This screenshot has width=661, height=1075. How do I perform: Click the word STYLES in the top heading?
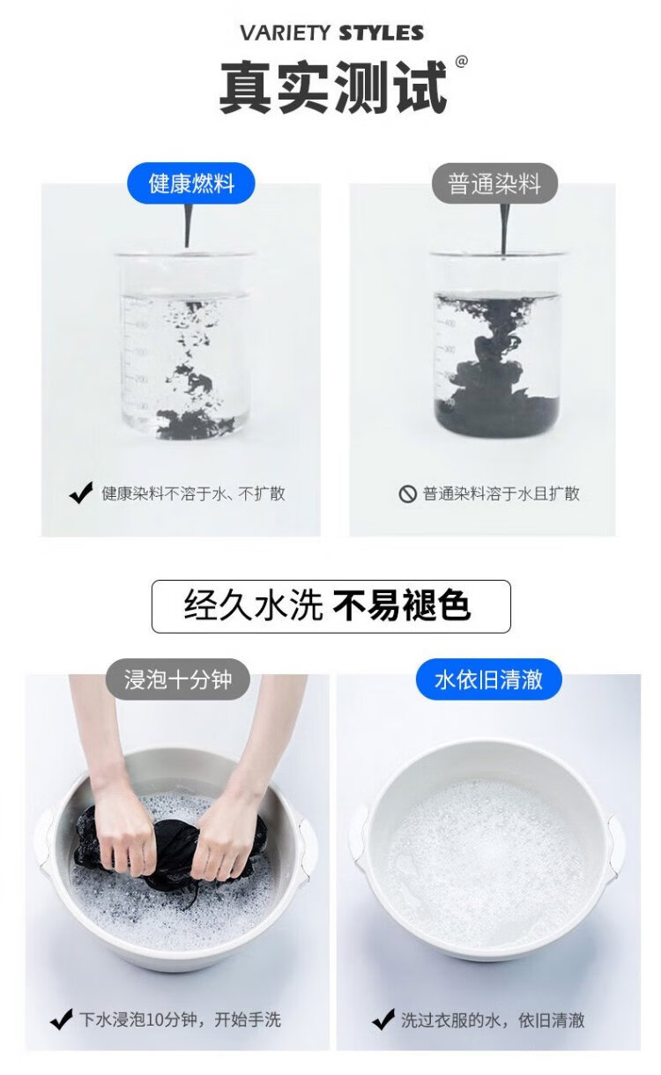point(381,33)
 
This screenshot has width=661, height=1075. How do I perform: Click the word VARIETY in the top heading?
point(286,33)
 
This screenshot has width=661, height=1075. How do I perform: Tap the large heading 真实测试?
point(333,87)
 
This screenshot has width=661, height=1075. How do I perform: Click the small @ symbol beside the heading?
point(461,62)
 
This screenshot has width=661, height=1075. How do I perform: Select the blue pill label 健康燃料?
point(191,183)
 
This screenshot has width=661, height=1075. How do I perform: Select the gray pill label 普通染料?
point(494,183)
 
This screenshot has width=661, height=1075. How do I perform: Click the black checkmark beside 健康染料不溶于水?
point(81,493)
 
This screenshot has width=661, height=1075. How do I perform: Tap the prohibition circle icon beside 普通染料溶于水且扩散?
point(407,493)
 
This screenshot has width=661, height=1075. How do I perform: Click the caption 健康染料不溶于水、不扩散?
point(193,493)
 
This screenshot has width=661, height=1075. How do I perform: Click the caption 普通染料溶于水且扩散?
point(501,493)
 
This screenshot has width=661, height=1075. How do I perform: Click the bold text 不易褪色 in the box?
point(401,605)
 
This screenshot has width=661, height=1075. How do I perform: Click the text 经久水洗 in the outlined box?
point(253,605)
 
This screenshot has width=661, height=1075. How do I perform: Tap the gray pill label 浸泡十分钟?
point(178,679)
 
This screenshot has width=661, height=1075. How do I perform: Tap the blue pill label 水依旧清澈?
point(488,679)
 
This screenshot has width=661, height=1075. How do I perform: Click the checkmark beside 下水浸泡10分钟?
point(61,1019)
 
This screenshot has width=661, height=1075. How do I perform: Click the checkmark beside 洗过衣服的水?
point(383,1019)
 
